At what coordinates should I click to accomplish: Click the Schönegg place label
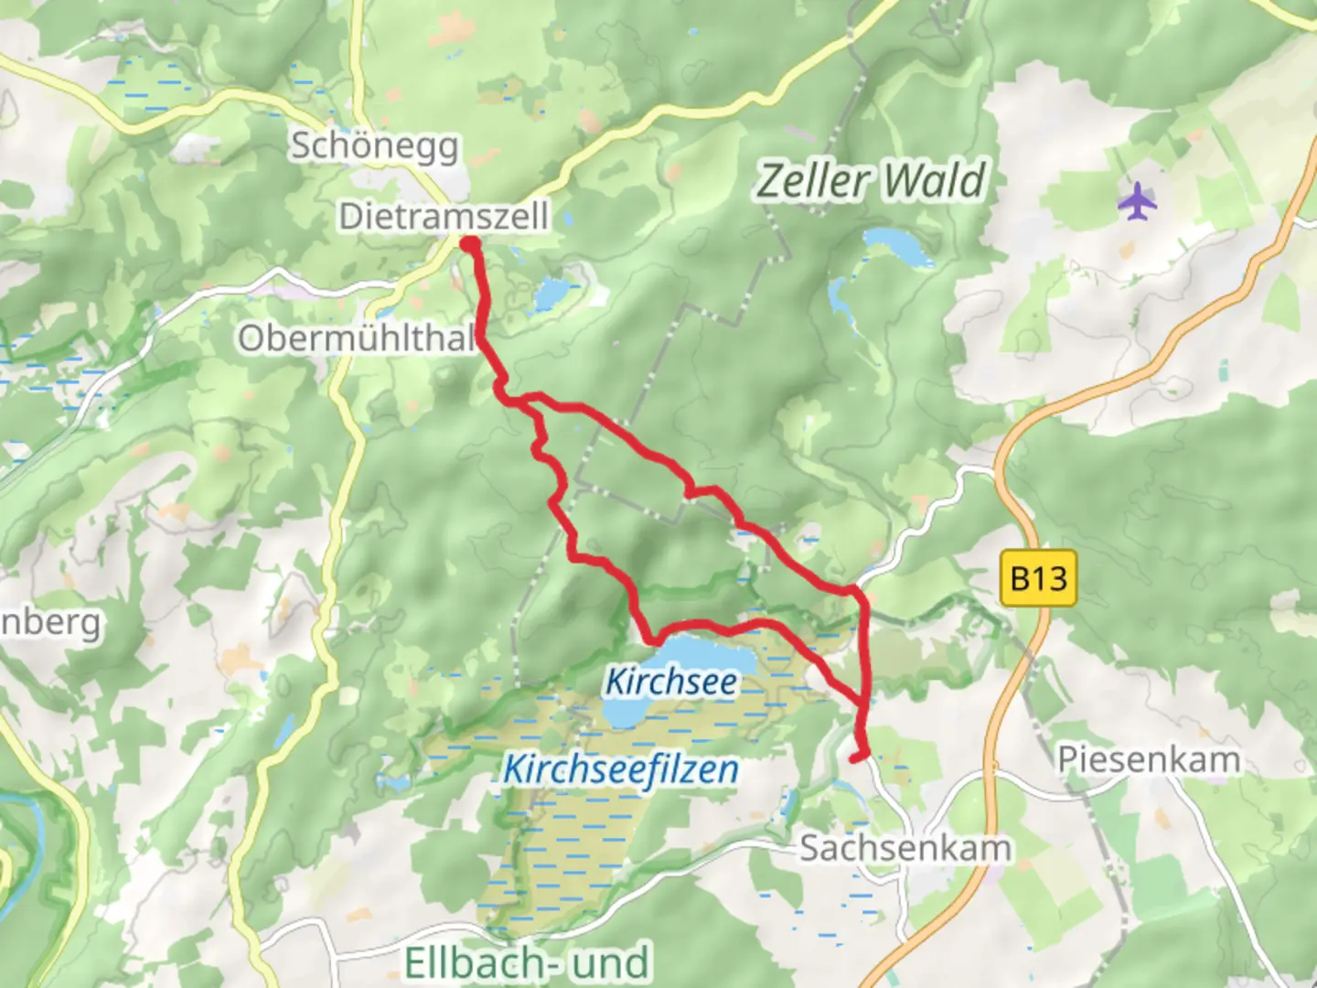374,146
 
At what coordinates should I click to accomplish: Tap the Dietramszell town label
444,217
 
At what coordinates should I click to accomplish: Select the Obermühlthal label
357,338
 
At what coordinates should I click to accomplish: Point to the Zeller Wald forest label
871,180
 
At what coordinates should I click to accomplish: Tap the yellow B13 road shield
1039,578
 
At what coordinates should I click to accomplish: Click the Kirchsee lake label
671,682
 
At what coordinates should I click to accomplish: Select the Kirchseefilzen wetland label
620,769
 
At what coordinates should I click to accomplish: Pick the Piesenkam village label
1149,759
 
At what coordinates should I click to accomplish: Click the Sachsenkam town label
905,848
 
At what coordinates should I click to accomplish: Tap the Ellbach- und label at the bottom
527,962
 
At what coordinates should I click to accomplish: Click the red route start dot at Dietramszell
469,243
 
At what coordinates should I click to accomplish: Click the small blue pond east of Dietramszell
551,295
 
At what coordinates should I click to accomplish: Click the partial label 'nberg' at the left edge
50,623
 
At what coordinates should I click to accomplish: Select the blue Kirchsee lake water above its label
704,652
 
